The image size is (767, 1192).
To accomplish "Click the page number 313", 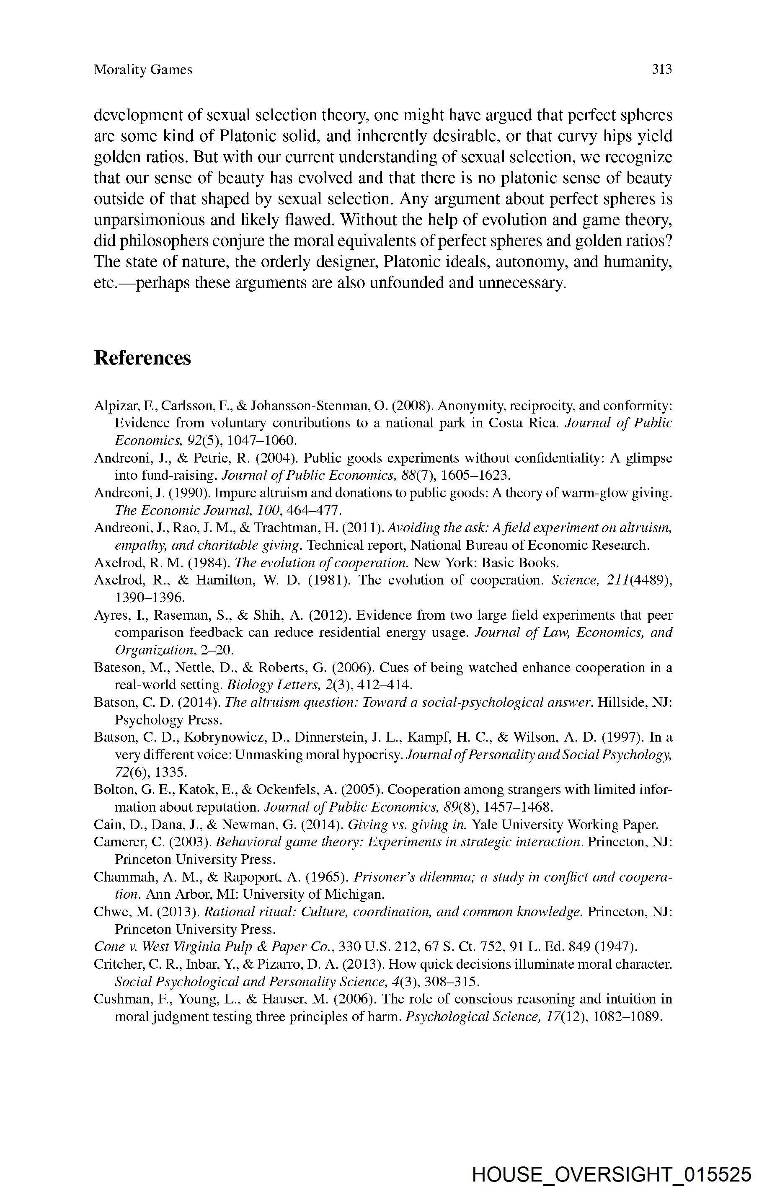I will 661,69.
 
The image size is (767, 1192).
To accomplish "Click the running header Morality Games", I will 143,70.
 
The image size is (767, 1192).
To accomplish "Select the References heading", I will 142,358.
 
